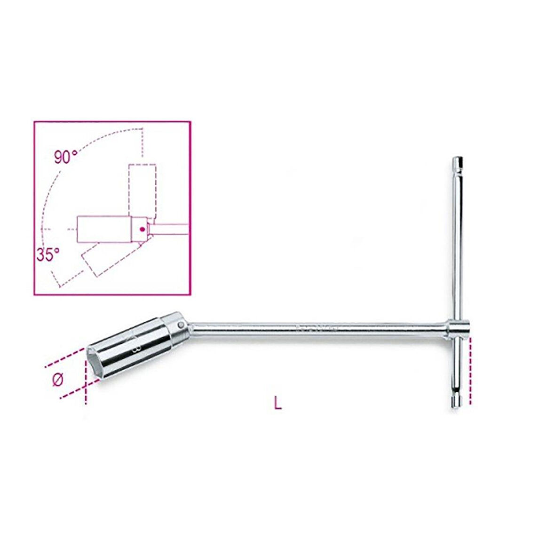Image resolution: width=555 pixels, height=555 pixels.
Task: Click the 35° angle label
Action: point(48,255)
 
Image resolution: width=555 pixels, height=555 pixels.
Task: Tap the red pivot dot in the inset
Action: point(141,229)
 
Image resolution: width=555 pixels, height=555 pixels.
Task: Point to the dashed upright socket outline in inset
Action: point(142,188)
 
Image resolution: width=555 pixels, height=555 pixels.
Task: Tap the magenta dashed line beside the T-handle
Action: point(470,372)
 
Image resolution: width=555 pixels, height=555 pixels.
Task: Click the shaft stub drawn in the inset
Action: point(169,229)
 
